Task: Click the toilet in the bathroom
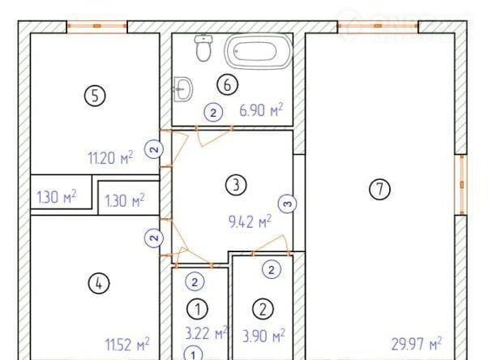coord(203,48)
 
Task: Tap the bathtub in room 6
coord(259,51)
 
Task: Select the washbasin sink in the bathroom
coord(182,89)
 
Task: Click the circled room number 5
coord(95,96)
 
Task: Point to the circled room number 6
coord(228,84)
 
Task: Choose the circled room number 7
coord(379,189)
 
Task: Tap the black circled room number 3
coord(236,185)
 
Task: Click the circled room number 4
coord(99,284)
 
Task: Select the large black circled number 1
coord(197,309)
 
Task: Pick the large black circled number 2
coord(263,310)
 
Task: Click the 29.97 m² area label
coord(416,344)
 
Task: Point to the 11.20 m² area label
coord(110,157)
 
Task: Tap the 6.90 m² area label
coord(261,110)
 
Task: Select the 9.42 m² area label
coord(250,221)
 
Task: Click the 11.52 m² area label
coord(127,345)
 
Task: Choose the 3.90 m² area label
coord(263,336)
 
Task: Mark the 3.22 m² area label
coord(207,333)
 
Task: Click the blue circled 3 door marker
coord(287,204)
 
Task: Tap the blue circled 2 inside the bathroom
coord(213,113)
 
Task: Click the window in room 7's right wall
coord(462,185)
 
